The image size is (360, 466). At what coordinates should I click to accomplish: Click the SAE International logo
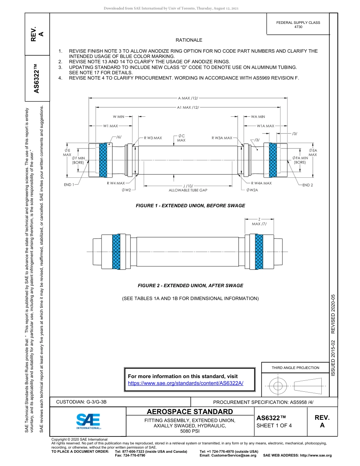tap(88, 421)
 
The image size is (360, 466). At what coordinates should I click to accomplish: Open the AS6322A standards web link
tap(186, 383)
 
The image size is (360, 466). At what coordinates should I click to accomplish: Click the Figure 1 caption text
tap(190, 206)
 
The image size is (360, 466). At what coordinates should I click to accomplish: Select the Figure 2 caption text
tap(190, 286)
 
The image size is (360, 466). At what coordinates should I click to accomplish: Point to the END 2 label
tap(307, 185)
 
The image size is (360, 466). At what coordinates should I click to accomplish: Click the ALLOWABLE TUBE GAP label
tap(188, 190)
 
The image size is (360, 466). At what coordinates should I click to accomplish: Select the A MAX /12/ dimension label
tap(188, 98)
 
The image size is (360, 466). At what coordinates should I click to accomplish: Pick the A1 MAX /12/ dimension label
tap(188, 107)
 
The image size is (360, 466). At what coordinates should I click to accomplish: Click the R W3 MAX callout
tap(153, 138)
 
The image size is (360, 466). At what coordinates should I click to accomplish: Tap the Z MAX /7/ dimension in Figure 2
tap(259, 222)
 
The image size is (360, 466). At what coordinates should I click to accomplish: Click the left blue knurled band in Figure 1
tap(103, 160)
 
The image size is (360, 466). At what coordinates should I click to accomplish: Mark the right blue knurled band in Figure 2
tap(259, 252)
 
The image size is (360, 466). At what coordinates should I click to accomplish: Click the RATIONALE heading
tap(189, 40)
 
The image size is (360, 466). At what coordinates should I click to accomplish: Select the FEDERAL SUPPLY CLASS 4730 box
tap(298, 25)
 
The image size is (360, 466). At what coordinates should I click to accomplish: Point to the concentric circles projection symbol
tap(278, 386)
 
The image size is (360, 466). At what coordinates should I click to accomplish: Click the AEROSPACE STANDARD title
tap(190, 412)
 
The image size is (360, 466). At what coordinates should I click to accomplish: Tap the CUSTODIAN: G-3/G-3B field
tap(84, 402)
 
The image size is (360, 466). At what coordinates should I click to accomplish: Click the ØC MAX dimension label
tap(181, 138)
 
